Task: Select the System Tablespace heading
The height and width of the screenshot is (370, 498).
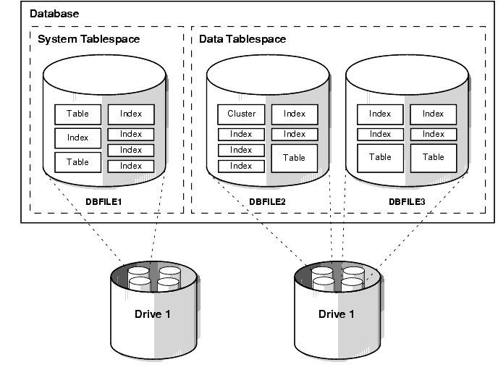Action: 88,38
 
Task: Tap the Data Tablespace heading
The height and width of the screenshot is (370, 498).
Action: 242,38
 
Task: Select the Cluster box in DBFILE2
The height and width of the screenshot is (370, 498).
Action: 241,114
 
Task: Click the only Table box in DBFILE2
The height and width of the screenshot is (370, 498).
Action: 294,157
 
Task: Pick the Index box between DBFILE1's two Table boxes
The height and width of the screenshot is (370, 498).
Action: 77,138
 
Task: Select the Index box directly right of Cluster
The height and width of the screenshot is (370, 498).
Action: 294,114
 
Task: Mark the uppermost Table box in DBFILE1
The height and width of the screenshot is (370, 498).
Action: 77,114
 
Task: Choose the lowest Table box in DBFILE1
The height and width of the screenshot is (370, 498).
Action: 77,161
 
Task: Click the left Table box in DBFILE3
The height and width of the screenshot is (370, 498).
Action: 380,157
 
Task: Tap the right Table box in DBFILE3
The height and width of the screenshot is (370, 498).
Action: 433,157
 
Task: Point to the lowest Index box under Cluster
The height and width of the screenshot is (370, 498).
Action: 241,166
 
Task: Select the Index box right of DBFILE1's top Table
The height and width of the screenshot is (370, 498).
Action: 131,114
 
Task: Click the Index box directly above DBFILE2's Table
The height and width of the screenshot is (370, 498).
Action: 294,134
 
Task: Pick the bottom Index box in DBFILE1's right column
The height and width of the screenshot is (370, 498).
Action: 131,166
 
